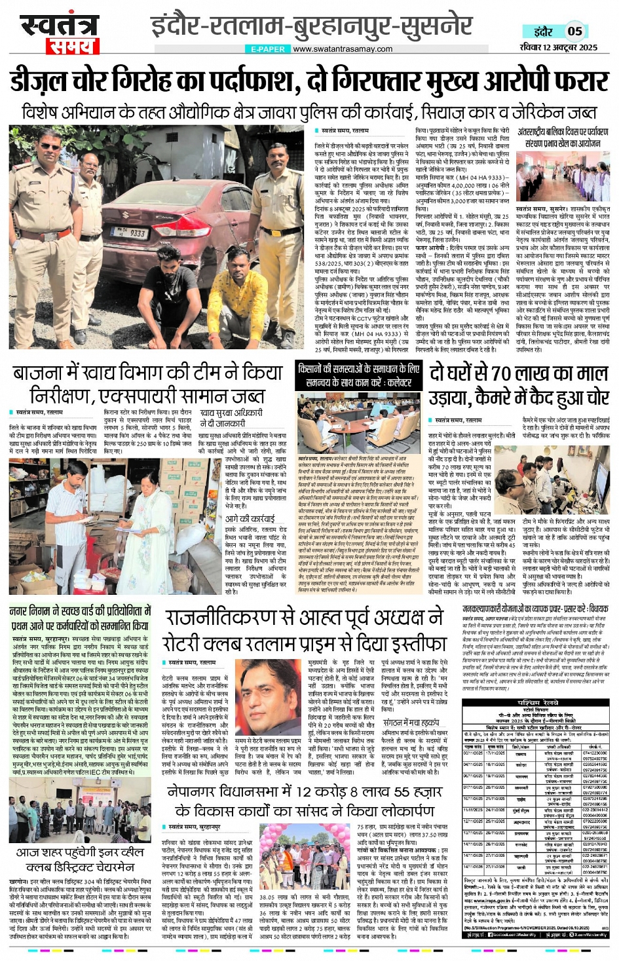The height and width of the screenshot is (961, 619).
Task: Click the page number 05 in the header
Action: click(574, 31)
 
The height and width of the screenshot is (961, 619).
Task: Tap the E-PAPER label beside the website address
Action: click(268, 49)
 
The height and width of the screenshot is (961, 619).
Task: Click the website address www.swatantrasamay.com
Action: click(343, 49)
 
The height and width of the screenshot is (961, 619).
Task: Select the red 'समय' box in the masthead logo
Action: click(71, 47)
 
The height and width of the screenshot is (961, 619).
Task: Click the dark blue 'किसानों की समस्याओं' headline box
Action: click(358, 375)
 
